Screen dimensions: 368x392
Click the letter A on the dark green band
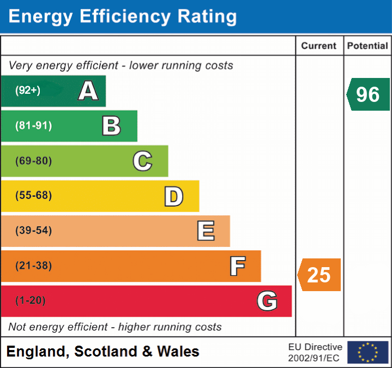tap(88, 91)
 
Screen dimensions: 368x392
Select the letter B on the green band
tap(111, 126)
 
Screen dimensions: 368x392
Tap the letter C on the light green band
tap(142, 161)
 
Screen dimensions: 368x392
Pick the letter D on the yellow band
tap(174, 196)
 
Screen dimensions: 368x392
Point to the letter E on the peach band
tap(206, 231)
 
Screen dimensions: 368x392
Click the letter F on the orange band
tap(237, 266)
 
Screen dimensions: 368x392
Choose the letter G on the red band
tap(267, 301)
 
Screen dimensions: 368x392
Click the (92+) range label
tap(28, 91)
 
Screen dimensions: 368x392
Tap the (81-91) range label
tap(34, 126)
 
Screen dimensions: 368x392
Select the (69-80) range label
tap(34, 161)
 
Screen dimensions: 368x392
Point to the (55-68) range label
tap(34, 196)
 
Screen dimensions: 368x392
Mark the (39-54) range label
tap(34, 231)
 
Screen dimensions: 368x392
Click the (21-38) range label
tap(34, 266)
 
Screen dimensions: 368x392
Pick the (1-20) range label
tap(31, 300)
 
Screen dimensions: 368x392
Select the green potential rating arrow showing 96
tap(368, 94)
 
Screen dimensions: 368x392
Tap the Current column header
tap(319, 46)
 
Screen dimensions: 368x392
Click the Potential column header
tap(368, 46)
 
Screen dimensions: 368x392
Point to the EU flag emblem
tap(368, 352)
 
